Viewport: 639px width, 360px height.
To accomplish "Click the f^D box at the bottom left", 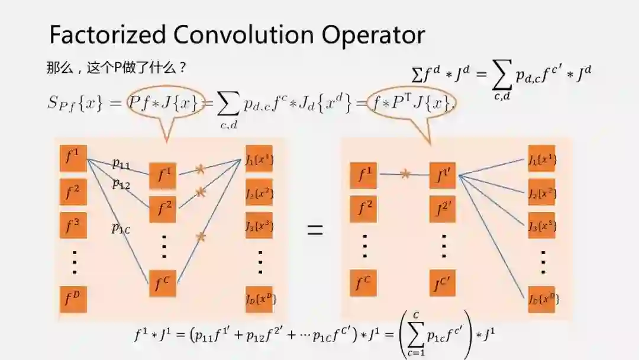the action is click(x=73, y=299).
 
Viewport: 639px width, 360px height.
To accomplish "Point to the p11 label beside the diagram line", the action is click(x=121, y=164).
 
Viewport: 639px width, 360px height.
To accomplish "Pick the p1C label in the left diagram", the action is click(x=121, y=228).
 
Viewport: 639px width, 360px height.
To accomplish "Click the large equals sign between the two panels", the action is click(x=315, y=230).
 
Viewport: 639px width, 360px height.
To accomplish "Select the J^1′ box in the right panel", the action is click(x=443, y=176).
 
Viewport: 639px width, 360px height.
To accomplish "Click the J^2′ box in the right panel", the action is click(x=443, y=208).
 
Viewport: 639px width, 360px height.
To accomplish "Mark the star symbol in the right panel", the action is click(x=405, y=174).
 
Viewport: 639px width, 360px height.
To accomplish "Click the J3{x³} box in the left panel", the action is click(x=259, y=225).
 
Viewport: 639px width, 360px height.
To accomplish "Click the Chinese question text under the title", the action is click(x=117, y=67).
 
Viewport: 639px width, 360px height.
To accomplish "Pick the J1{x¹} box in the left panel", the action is click(x=259, y=159).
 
